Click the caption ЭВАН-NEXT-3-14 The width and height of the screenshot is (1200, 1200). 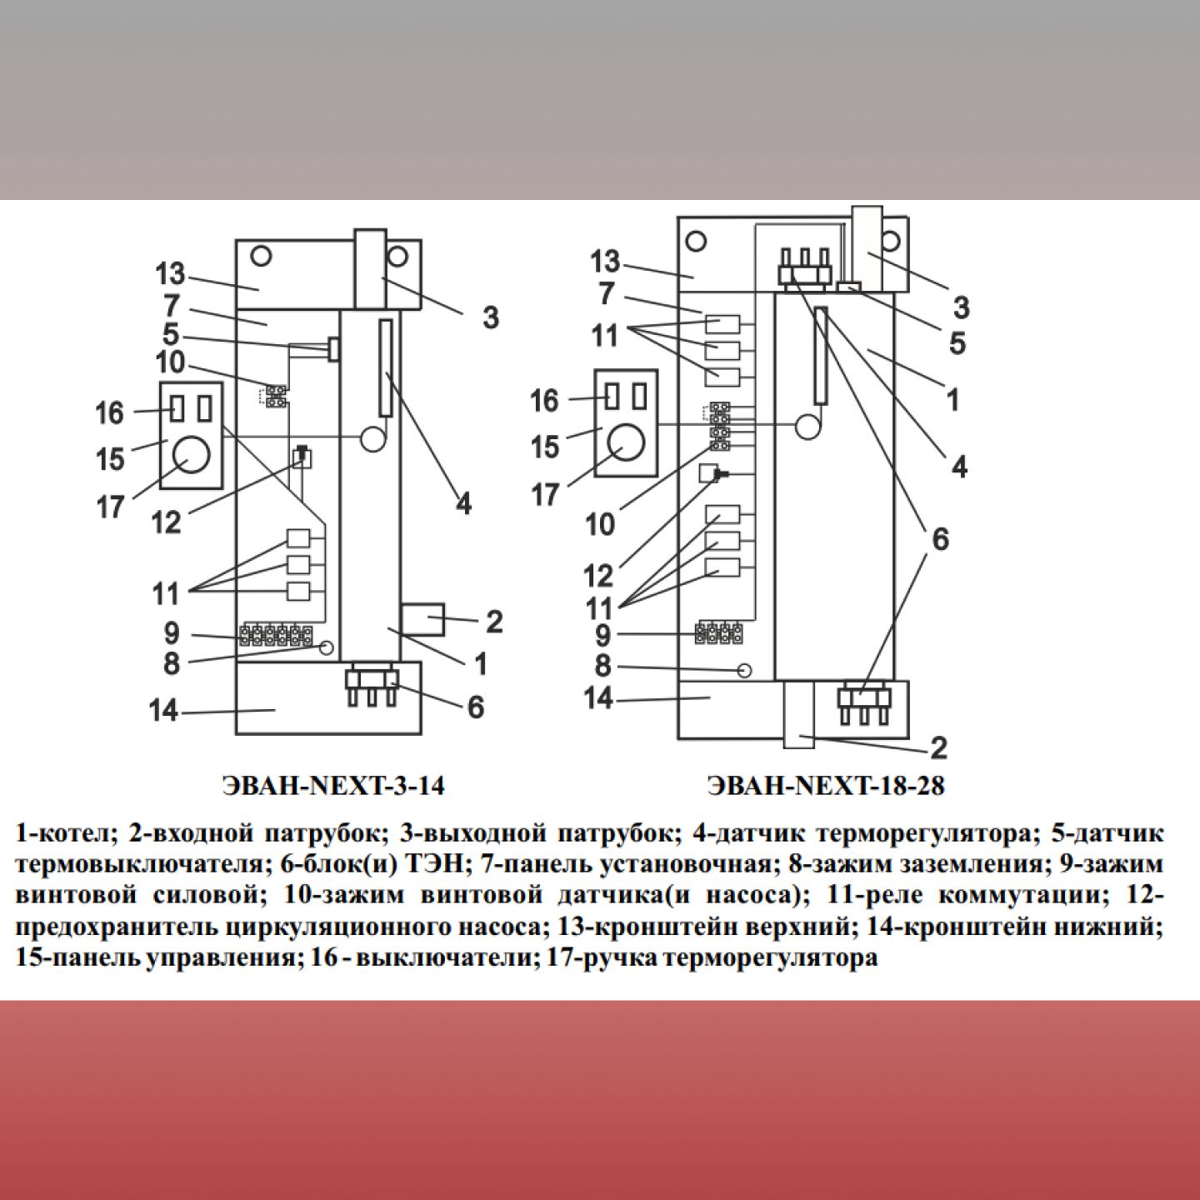tap(333, 786)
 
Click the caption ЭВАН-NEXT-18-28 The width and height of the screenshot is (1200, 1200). tap(825, 786)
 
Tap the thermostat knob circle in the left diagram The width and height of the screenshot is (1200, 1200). tap(192, 453)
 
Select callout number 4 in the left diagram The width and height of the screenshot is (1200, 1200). tap(462, 503)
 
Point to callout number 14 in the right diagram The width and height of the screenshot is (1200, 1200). tap(597, 697)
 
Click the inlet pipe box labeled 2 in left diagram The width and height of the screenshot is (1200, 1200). tap(423, 621)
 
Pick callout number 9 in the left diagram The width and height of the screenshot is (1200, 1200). tap(171, 633)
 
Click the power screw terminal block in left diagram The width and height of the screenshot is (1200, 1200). tap(276, 637)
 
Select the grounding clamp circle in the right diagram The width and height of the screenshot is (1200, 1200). tap(745, 670)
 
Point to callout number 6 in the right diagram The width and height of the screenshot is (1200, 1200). tap(939, 539)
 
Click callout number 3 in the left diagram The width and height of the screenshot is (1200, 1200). tap(490, 317)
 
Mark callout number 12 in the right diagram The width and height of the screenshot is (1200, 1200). tap(598, 575)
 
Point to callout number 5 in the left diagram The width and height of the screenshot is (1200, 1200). tap(170, 335)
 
